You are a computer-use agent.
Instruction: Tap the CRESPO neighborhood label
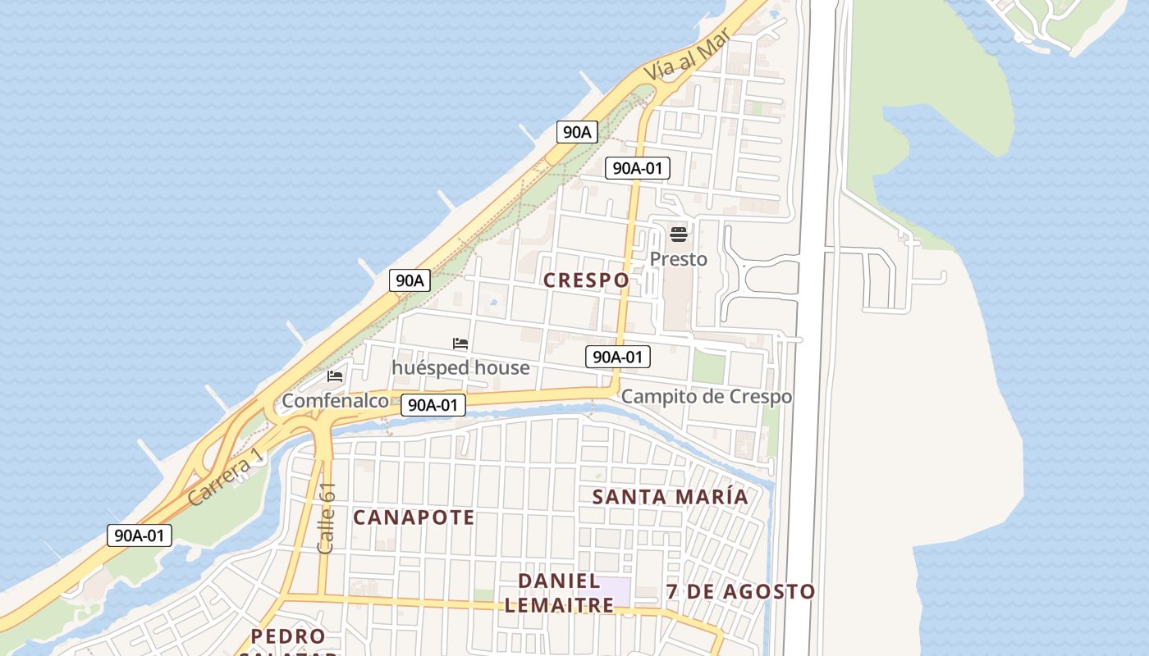coord(586,280)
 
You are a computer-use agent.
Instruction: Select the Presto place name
coord(678,259)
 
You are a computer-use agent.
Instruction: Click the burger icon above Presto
coord(678,235)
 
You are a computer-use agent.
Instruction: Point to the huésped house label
coord(460,367)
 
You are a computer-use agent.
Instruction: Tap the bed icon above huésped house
coord(460,344)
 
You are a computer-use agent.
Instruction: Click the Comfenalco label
coord(335,401)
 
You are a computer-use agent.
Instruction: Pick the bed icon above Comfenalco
coord(335,376)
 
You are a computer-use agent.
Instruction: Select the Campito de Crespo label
coord(707,397)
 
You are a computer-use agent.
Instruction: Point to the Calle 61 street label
coord(327,518)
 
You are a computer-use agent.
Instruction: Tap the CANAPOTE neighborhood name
coord(414,517)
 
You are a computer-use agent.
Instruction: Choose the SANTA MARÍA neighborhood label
coord(670,496)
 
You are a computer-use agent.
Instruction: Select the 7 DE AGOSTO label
coord(740,591)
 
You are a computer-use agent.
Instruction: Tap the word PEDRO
coord(288,636)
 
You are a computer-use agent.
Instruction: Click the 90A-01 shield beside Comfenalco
coord(433,404)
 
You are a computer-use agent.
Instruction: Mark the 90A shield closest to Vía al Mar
coord(577,131)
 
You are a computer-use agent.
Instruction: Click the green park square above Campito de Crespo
coord(708,368)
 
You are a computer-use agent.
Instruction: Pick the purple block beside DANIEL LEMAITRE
coord(605,589)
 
